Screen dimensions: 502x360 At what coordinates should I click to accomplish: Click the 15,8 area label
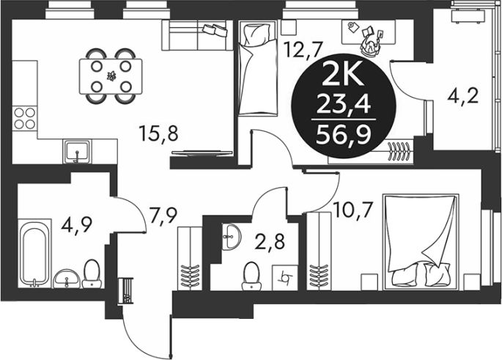point(159,133)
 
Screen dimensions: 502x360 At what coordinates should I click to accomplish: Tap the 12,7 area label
point(303,49)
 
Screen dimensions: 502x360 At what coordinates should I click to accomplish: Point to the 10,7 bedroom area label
point(352,210)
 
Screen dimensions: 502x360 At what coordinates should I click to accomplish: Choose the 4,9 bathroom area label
point(78,226)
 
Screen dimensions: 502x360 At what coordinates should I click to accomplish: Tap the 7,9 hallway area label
point(163,216)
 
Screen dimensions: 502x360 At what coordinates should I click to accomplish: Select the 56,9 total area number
point(343,135)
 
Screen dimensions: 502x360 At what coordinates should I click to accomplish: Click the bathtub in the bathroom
point(34,253)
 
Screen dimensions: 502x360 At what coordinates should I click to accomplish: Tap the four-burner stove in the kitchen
point(25,118)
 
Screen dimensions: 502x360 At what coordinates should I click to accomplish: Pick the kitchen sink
point(78,152)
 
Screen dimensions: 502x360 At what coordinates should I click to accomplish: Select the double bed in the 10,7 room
point(421,241)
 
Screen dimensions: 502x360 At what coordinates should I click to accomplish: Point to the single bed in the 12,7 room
point(257,67)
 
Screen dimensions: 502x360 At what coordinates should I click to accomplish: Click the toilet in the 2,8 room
point(251,276)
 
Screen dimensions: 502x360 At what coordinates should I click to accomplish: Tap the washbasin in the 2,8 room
point(229,237)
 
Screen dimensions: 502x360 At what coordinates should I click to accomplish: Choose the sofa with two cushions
point(197,35)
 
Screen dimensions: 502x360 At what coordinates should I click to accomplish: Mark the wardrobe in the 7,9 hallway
point(190,259)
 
